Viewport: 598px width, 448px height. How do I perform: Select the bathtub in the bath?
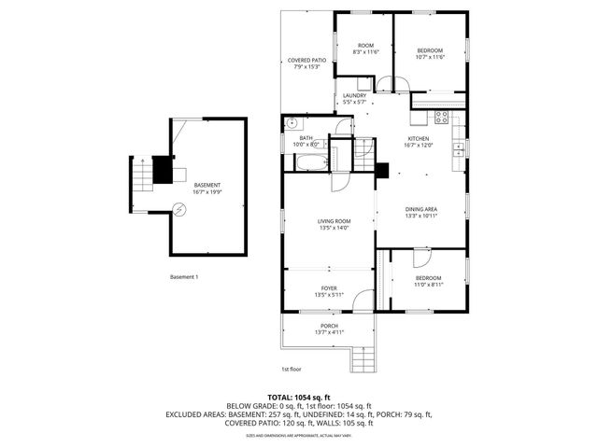(x=308, y=162)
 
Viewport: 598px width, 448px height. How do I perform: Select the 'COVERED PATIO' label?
(x=307, y=60)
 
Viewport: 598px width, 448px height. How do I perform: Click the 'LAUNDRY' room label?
(x=354, y=95)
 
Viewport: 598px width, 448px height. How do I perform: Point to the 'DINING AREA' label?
(x=420, y=208)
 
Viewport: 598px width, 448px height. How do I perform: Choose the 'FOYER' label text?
(x=329, y=287)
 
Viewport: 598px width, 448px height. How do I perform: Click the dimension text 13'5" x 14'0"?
(x=334, y=228)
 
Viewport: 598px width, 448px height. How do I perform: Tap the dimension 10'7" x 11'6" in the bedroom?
(x=429, y=57)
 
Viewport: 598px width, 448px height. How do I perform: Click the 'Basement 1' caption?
(x=184, y=276)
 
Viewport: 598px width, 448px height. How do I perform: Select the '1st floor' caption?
(x=292, y=369)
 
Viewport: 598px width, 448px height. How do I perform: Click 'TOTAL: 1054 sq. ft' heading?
(x=299, y=398)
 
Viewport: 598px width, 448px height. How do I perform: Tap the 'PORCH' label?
(x=329, y=325)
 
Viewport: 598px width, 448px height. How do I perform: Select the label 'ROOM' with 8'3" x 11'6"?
(x=365, y=46)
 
